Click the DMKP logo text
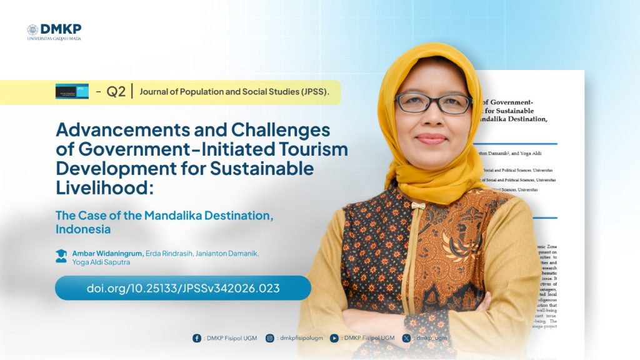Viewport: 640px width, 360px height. [61, 29]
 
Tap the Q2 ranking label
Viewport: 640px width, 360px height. [116, 92]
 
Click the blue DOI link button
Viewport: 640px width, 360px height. [182, 288]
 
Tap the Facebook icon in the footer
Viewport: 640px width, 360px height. [197, 338]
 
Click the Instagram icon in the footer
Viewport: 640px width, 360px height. [270, 338]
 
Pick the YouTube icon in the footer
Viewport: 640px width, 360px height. [334, 338]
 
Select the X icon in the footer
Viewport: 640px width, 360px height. [407, 338]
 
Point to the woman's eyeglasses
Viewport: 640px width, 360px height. [432, 103]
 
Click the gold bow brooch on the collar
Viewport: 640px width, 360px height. [417, 206]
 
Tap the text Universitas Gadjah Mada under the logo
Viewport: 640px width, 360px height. [54, 39]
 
